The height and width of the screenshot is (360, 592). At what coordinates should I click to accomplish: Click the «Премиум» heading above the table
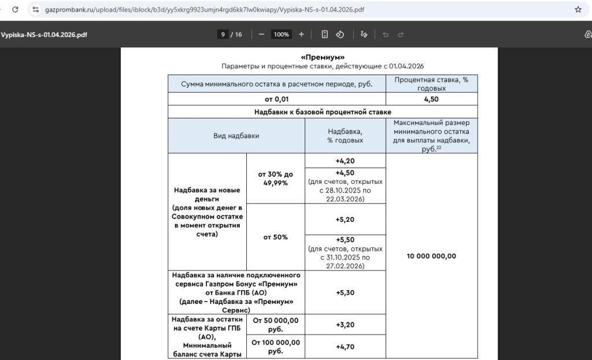coord(323,57)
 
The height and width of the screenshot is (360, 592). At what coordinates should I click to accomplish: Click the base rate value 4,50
coord(432,99)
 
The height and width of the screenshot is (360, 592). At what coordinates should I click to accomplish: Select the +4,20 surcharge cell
coord(345,161)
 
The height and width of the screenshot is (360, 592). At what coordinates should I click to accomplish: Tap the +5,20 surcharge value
coord(345,220)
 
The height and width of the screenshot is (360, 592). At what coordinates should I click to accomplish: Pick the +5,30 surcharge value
coord(345,292)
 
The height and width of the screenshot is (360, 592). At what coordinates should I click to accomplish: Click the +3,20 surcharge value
coord(345,325)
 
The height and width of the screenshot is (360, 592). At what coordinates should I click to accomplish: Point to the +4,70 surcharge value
coord(345,347)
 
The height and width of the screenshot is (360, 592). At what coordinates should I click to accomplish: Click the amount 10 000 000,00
coord(432,256)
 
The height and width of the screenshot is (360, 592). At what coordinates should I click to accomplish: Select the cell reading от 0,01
coord(276,99)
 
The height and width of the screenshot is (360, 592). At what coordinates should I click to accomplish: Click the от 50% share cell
coord(275,237)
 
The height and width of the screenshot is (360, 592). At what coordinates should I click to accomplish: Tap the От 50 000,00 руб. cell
coord(275,325)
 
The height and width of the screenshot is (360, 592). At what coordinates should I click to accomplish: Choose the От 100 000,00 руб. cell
coord(275,347)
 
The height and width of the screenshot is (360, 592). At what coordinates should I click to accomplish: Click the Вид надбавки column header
coord(236,136)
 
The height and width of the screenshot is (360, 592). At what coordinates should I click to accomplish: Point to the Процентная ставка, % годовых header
coord(432,84)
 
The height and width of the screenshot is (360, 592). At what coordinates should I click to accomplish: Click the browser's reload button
coord(15,10)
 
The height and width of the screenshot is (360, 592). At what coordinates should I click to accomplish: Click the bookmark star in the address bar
coord(578,10)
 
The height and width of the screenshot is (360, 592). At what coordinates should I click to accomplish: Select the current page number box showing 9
coord(222,35)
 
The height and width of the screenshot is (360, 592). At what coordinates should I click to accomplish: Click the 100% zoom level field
coord(282,35)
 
